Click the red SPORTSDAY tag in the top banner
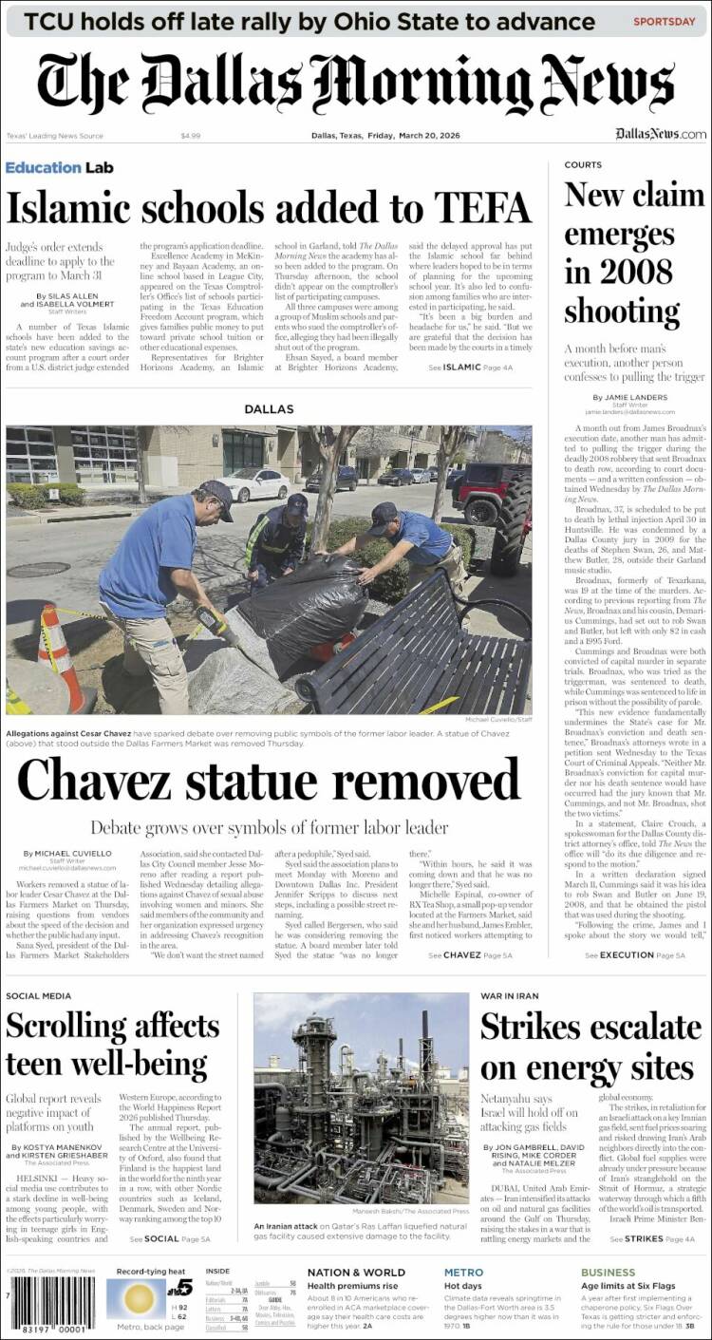click(664, 21)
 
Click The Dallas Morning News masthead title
click(356, 84)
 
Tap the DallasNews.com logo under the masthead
click(660, 135)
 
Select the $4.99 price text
click(190, 136)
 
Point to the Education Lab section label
click(59, 168)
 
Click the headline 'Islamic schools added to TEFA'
click(268, 206)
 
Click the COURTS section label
click(583, 165)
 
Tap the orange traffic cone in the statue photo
click(61, 654)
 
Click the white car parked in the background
click(254, 484)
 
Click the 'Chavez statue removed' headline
click(269, 782)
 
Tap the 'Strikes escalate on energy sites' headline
click(590, 1047)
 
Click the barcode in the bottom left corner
click(53, 1307)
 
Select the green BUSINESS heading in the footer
click(608, 1273)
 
